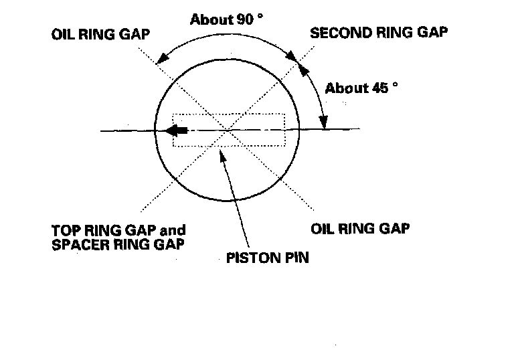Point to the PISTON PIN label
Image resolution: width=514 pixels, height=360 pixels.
[268, 257]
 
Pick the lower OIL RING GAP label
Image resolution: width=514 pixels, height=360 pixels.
[360, 228]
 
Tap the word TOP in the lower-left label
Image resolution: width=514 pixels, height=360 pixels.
[64, 230]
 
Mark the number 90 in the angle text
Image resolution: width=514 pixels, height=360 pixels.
[239, 19]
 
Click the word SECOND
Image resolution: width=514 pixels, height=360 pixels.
[333, 31]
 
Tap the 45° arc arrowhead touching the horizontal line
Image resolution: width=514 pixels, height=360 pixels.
[324, 122]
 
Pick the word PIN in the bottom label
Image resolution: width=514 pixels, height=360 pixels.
[295, 257]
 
